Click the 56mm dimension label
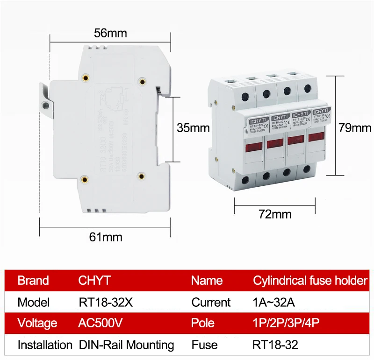click(110, 33)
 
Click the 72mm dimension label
click(275, 214)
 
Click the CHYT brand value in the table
click(94, 281)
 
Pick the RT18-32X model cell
click(106, 302)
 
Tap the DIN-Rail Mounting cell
click(126, 345)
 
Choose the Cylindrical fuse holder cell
click(310, 281)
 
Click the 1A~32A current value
click(273, 302)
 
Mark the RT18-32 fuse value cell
click(275, 345)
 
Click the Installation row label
click(45, 345)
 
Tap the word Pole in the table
click(203, 323)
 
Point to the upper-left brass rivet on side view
click(85, 78)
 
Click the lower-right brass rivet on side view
click(142, 176)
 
